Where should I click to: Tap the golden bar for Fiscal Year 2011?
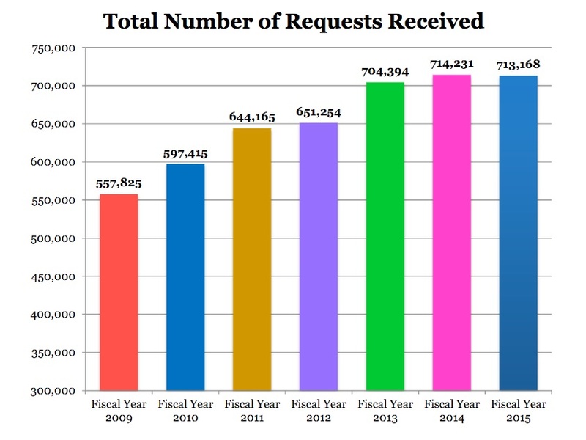(252, 260)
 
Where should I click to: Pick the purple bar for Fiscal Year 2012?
(319, 257)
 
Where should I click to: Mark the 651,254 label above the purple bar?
(318, 113)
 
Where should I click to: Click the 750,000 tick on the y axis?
(57, 48)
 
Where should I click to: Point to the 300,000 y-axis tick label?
(57, 391)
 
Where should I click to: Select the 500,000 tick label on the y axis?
(57, 239)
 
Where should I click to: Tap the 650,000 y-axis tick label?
(57, 125)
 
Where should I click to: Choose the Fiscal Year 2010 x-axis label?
(185, 411)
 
